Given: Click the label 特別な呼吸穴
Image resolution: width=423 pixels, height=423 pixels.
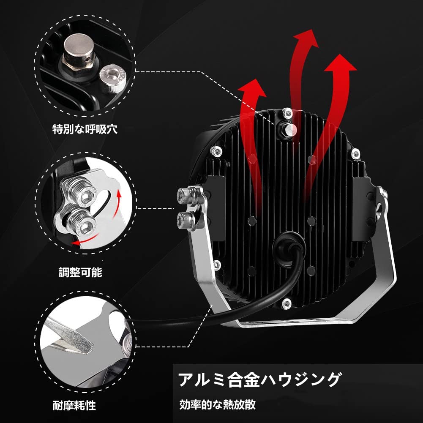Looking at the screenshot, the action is pos(85,129).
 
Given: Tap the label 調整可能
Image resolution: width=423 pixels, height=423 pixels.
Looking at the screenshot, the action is pos(80,272).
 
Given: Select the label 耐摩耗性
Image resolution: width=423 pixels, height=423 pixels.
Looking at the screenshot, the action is pos(74,405).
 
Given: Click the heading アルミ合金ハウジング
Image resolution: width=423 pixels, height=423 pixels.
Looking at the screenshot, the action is pos(260,379).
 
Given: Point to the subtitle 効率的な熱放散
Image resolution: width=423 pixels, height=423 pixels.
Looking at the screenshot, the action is pos(218,405).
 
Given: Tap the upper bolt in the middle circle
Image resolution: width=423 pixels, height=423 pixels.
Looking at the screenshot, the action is pos(81,190).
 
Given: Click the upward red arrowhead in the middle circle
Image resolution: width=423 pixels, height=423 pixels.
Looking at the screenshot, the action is pos(118,194).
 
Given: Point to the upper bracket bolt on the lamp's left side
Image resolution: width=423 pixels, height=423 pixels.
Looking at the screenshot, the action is pos(186,195).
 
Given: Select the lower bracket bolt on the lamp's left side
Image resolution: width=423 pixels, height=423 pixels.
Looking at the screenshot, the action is pos(186,220).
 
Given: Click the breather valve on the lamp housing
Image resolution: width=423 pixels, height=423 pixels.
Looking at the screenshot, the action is pos(289,130).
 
